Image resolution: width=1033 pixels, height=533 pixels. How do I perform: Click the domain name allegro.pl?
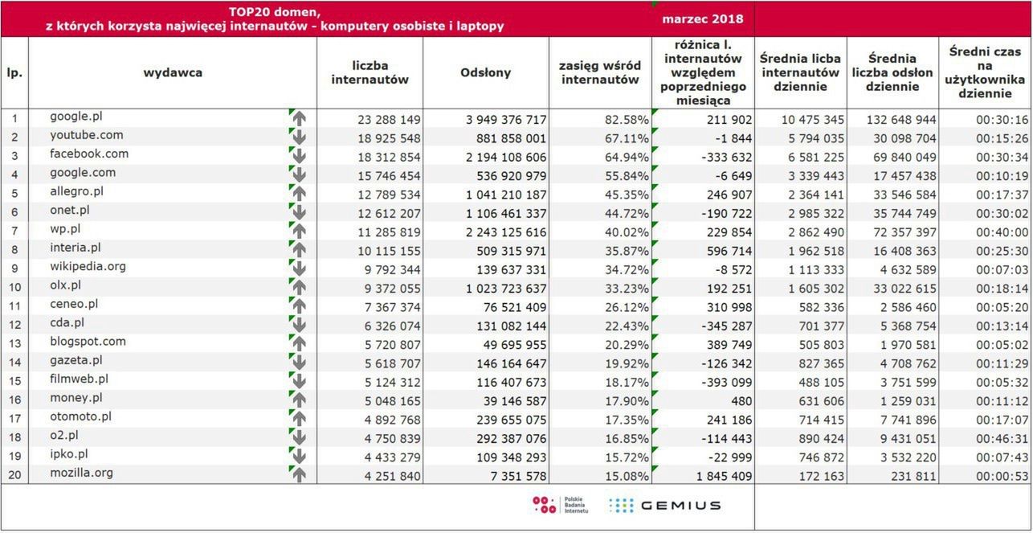click(76, 192)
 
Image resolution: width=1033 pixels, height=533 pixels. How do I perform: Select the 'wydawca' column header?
click(173, 73)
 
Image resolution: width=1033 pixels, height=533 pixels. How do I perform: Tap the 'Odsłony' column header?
click(485, 73)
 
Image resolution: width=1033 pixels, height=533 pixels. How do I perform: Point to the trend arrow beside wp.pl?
click(299, 230)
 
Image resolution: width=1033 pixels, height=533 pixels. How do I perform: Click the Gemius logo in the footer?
click(664, 506)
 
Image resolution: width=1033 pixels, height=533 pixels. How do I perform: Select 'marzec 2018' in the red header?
click(703, 19)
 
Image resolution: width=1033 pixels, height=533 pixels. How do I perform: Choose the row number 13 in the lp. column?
click(14, 343)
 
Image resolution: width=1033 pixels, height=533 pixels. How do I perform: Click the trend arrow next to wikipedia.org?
click(299, 268)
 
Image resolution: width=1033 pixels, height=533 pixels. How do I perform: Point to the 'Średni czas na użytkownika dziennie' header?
click(986, 72)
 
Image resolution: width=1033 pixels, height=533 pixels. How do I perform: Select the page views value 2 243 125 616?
click(506, 232)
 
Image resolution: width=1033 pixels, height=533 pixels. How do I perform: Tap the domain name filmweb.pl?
click(79, 379)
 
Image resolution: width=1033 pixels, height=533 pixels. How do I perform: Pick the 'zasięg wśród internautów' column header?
click(600, 73)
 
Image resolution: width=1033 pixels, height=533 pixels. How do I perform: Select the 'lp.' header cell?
click(14, 73)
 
